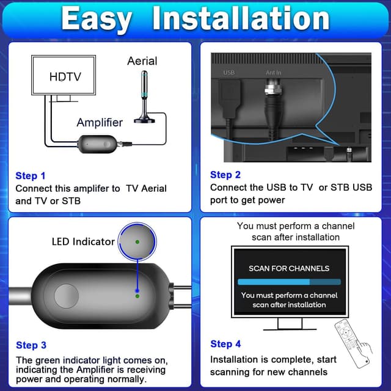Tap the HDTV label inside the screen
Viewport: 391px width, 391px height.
click(65, 77)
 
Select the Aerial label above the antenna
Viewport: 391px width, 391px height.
click(142, 61)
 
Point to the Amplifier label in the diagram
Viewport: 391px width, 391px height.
click(100, 122)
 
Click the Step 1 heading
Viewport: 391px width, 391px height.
click(31, 176)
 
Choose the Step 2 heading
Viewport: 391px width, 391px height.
click(225, 175)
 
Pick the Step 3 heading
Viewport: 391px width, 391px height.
click(31, 345)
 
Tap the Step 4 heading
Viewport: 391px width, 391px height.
click(225, 344)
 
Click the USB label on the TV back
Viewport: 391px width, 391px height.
click(229, 73)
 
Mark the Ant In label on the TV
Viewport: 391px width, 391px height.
click(274, 73)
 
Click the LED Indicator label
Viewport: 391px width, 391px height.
click(83, 241)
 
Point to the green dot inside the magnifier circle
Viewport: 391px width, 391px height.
click(137, 242)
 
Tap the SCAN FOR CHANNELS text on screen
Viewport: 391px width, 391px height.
click(288, 268)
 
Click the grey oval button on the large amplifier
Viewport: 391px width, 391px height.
click(67, 296)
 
